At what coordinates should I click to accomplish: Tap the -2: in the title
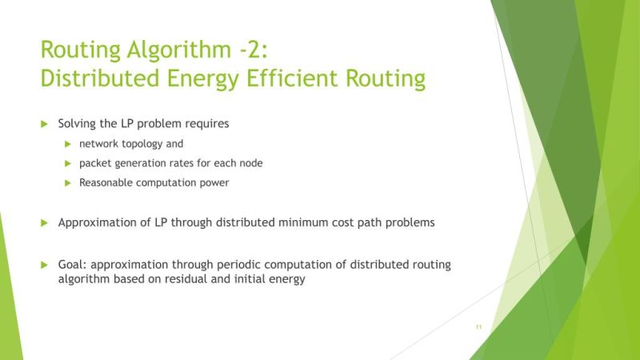coord(255,50)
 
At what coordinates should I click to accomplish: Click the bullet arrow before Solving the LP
coord(45,124)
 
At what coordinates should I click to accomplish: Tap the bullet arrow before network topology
coord(69,144)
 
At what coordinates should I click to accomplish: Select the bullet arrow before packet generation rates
coord(69,163)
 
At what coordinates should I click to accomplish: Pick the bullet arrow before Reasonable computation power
coord(69,182)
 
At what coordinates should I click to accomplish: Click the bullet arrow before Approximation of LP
coord(45,223)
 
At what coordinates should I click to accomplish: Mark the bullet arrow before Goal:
coord(45,264)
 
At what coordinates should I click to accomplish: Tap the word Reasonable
coord(107,182)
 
